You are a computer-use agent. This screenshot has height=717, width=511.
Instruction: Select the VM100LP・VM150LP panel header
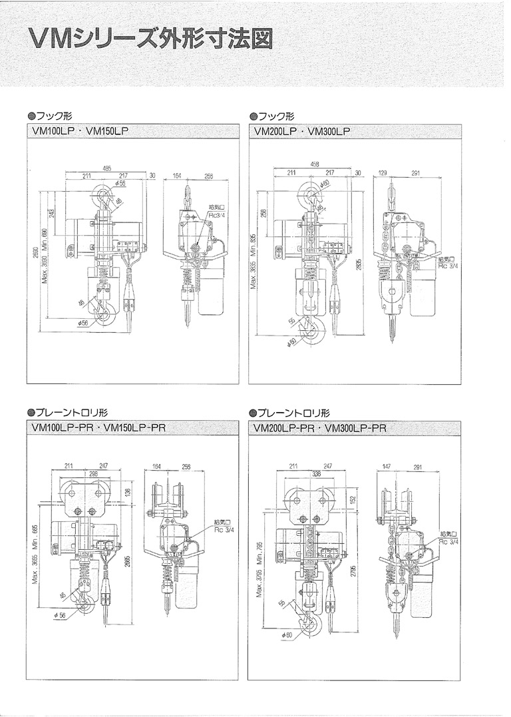(79, 132)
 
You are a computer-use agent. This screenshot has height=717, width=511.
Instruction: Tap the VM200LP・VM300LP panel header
(302, 132)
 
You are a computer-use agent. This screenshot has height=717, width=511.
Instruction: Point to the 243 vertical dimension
(53, 213)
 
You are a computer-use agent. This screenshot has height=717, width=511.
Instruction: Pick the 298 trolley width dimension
(95, 474)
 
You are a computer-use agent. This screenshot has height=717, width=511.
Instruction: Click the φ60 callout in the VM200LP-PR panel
(287, 636)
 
